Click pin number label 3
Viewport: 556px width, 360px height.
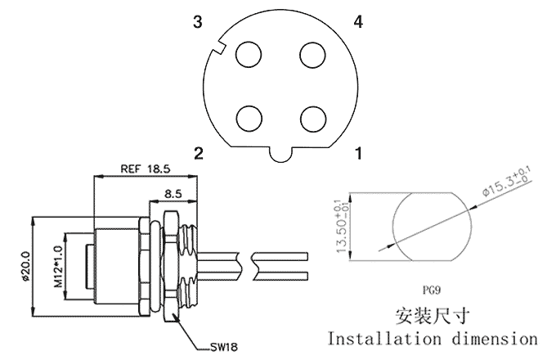click(197, 22)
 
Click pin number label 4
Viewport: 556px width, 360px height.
click(357, 22)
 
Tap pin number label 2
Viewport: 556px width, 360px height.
click(197, 152)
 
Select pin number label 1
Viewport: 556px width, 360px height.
click(357, 152)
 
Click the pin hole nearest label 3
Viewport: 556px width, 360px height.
click(248, 55)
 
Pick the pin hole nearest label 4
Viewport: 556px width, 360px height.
click(312, 55)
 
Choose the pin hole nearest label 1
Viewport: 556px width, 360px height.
click(312, 118)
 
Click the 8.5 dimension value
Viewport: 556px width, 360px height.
click(173, 194)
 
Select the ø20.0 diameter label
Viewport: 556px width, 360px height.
click(25, 266)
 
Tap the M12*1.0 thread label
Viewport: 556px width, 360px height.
click(58, 265)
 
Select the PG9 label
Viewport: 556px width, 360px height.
click(430, 288)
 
